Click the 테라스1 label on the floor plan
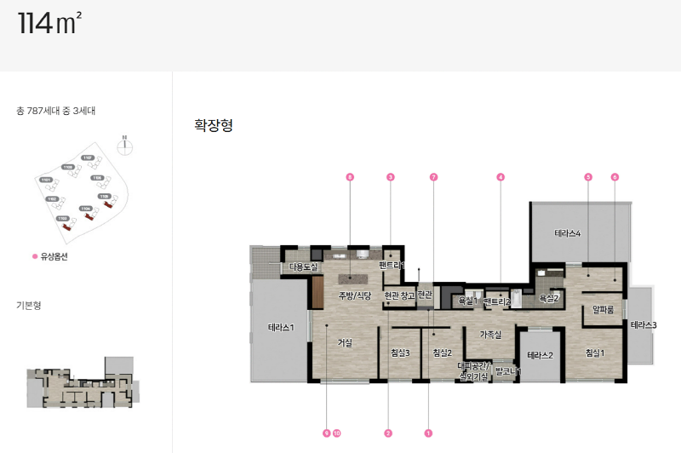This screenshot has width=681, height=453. coord(281,327)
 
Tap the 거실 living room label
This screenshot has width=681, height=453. coord(345,342)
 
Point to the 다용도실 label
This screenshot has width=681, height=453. coord(303,267)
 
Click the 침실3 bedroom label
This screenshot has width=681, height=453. coord(400,353)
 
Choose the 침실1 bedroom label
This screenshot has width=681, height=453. coord(594,353)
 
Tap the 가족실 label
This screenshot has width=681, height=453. coord(491,334)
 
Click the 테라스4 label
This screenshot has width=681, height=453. coord(568,233)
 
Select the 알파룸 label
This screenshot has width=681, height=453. coord(604,310)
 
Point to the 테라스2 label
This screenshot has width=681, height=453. coord(541,355)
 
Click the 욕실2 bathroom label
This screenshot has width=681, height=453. coord(549,298)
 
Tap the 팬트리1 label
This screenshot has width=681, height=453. coord(391,266)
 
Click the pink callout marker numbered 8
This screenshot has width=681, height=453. coord(350,177)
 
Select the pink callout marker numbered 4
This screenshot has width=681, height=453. coord(501,177)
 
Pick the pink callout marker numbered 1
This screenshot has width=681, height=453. coord(428,433)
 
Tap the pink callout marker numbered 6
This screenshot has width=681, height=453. coord(615,177)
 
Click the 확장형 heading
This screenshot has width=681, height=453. coord(214,126)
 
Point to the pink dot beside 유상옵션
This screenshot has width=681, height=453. coord(35,256)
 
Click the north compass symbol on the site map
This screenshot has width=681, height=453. coord(125,144)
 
